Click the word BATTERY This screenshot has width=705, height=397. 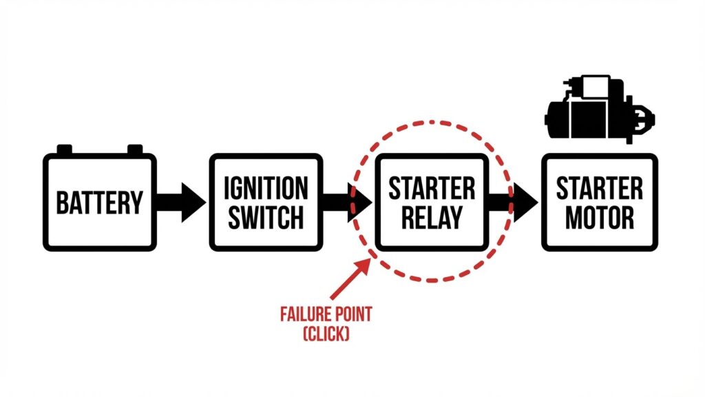100,203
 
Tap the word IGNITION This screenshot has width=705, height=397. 266,187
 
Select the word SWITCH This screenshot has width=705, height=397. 266,218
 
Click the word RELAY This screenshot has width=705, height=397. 432,218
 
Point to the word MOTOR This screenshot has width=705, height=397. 599,218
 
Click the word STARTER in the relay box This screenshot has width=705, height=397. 432,187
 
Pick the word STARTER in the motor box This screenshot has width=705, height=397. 599,187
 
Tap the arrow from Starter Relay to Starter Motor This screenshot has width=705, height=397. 514,203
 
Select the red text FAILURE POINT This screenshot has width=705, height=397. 326,316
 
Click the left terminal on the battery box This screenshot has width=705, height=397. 64,149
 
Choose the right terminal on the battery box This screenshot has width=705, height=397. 135,149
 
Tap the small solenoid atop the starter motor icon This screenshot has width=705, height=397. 585,86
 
